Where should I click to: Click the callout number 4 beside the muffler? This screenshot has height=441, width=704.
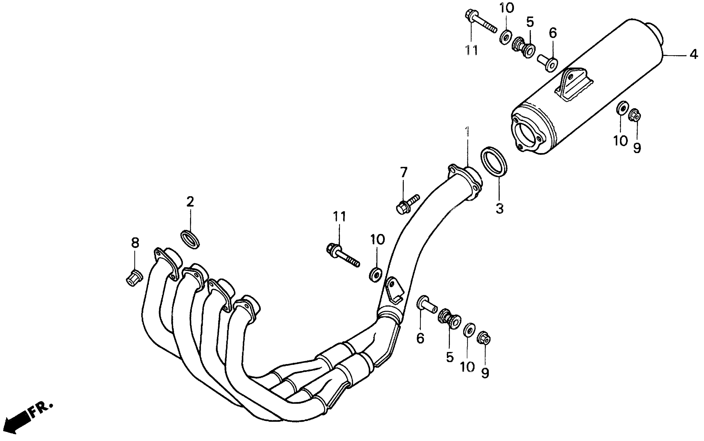(694, 54)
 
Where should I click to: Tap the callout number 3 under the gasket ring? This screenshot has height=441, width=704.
(499, 209)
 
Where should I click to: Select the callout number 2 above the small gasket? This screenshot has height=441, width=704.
(190, 202)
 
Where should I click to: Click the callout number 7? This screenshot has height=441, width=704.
(403, 172)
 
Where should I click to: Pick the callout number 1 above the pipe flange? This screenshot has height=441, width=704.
(468, 132)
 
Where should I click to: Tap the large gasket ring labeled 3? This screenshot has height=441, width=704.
(494, 162)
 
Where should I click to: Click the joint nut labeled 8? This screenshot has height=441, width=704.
(134, 277)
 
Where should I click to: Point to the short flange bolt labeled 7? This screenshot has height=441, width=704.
(408, 204)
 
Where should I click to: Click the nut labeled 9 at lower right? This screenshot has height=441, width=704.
(484, 338)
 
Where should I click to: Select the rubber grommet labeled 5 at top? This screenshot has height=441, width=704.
(524, 47)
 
